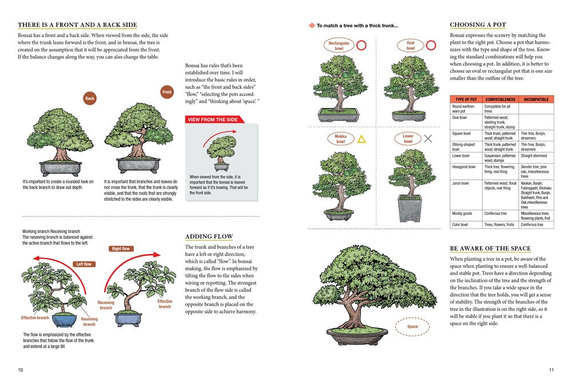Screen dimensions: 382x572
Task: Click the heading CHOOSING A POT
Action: click(x=478, y=25)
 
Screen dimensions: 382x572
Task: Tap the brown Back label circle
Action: click(x=90, y=99)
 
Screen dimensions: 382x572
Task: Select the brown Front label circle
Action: click(x=167, y=92)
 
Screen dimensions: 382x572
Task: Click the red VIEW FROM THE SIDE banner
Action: click(x=213, y=119)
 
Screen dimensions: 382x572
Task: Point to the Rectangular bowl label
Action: click(x=339, y=46)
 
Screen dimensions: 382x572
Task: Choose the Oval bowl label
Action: click(x=410, y=46)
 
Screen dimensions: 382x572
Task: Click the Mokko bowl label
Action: click(x=341, y=139)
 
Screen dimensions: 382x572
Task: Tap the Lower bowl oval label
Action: click(x=408, y=139)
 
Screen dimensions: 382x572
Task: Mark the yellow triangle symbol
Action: click(x=362, y=139)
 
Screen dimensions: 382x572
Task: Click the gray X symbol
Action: click(x=428, y=138)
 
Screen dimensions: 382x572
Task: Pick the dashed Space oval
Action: click(x=412, y=327)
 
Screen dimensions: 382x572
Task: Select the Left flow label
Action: click(x=84, y=264)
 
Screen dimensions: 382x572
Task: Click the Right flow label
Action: click(x=121, y=249)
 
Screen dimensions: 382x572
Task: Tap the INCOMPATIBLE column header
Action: click(x=536, y=99)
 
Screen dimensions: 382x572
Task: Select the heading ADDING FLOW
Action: click(x=209, y=237)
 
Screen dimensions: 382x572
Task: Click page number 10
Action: click(x=21, y=370)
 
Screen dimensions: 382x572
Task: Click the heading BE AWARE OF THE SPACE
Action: click(x=490, y=249)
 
